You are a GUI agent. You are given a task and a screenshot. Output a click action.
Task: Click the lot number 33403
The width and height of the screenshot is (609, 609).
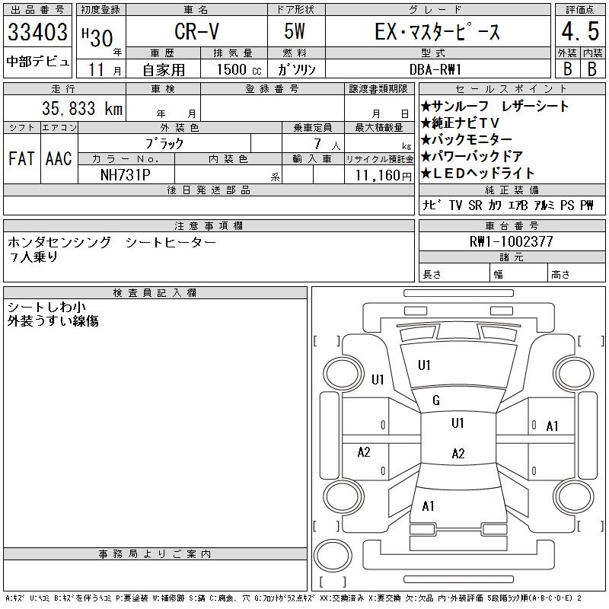38,32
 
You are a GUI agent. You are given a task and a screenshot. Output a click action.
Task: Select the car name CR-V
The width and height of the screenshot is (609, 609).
195,32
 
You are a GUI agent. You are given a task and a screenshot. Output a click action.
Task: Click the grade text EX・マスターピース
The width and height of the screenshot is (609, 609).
438,32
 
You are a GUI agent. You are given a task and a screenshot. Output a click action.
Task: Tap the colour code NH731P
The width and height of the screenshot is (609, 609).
126,175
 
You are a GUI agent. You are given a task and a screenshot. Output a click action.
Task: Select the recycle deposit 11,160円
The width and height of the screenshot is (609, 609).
381,175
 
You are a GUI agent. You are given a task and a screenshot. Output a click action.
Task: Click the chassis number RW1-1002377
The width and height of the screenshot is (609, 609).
512,241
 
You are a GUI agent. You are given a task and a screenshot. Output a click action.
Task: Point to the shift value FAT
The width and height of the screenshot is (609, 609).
21,159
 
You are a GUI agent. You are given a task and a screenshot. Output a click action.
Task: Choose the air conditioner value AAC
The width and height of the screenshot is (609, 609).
59,159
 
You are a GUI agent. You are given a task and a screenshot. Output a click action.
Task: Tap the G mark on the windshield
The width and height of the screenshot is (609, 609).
436,400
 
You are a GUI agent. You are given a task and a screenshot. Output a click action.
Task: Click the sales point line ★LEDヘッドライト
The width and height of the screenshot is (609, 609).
477,173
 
